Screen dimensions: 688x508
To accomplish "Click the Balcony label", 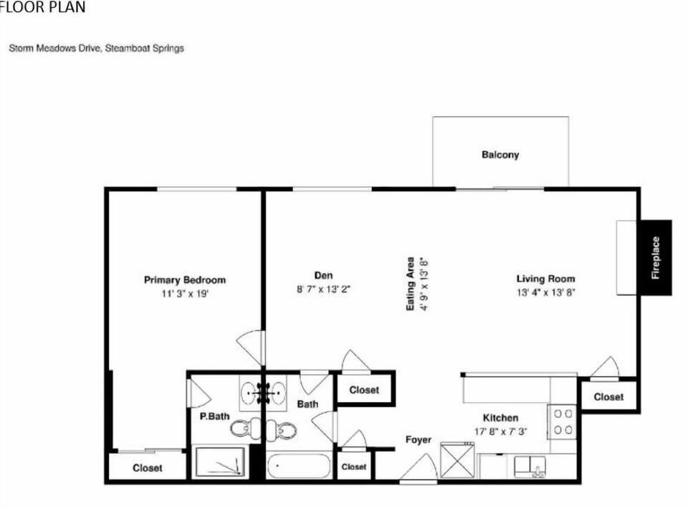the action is pyautogui.click(x=500, y=155).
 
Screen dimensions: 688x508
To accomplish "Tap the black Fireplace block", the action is pyautogui.click(x=656, y=257).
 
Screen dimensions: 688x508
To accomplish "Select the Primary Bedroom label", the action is pyautogui.click(x=185, y=280).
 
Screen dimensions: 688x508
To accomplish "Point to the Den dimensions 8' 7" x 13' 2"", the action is pyautogui.click(x=323, y=289).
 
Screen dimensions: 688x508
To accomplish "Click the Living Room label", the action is pyautogui.click(x=545, y=279).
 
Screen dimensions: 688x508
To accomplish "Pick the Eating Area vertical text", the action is pyautogui.click(x=410, y=284).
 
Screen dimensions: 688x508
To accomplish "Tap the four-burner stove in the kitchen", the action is pyautogui.click(x=562, y=421).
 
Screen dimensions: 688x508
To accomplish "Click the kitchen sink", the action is pyautogui.click(x=530, y=466).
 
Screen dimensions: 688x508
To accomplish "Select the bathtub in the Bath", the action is pyautogui.click(x=299, y=466).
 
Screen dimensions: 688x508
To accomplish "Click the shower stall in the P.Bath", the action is pyautogui.click(x=220, y=461).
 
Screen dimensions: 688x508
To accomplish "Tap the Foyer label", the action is pyautogui.click(x=418, y=439).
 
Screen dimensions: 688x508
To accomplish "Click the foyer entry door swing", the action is pyautogui.click(x=419, y=468).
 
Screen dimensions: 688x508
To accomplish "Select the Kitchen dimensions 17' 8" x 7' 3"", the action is pyautogui.click(x=501, y=431).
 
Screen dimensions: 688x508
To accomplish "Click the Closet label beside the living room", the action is pyautogui.click(x=608, y=397).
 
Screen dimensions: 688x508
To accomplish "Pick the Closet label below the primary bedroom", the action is pyautogui.click(x=148, y=468).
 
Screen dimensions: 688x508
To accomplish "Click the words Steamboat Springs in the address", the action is pyautogui.click(x=144, y=48).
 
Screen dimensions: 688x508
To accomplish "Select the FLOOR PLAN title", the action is pyautogui.click(x=42, y=6).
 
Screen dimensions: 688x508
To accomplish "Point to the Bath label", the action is pyautogui.click(x=307, y=404).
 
